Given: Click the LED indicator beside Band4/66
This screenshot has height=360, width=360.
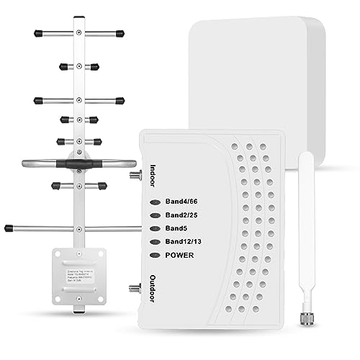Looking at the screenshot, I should [x=154, y=202].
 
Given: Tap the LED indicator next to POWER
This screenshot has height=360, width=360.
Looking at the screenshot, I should [x=154, y=255].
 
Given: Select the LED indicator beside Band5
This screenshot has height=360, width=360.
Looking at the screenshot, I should [x=154, y=228].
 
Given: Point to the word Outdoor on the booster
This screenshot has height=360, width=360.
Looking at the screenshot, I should [x=152, y=286].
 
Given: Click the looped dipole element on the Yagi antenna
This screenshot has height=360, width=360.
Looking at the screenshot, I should [x=74, y=163].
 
